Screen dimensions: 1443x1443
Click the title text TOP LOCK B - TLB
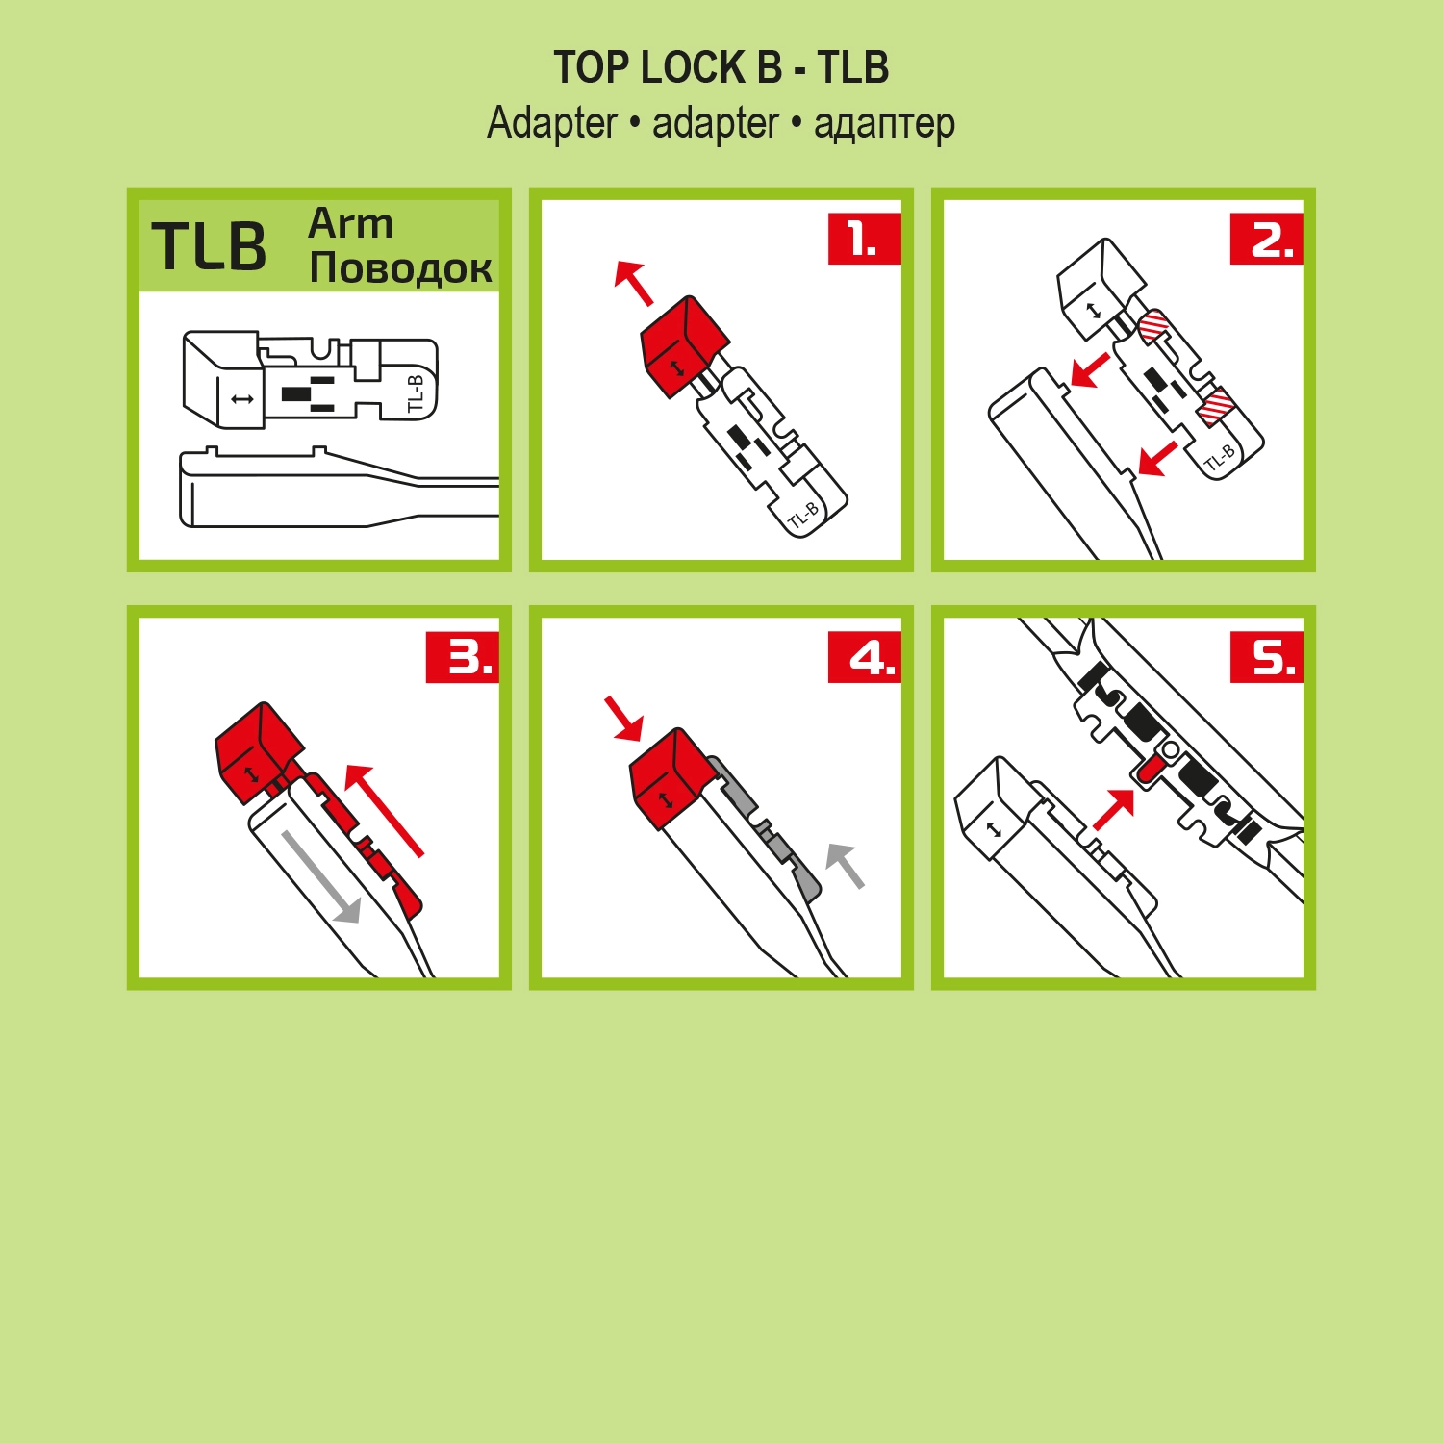(721, 67)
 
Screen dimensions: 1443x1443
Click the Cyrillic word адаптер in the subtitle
(884, 124)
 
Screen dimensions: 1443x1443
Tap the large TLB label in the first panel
(209, 246)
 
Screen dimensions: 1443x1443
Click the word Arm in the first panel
(350, 223)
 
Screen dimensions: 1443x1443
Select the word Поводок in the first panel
(400, 267)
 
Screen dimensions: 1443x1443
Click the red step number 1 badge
(864, 239)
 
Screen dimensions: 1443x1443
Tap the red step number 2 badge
(1266, 239)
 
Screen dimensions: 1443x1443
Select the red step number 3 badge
(462, 658)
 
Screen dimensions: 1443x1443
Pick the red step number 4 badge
(864, 658)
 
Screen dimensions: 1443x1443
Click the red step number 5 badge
(1266, 658)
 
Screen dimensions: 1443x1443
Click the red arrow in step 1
(633, 283)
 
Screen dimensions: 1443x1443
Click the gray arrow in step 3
(321, 877)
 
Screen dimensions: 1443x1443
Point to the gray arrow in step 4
(846, 864)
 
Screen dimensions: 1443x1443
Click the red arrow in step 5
(1114, 809)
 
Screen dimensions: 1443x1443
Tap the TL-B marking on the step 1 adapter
(803, 516)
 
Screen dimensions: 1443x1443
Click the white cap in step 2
(1100, 287)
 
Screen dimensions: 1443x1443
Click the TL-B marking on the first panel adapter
(416, 393)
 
